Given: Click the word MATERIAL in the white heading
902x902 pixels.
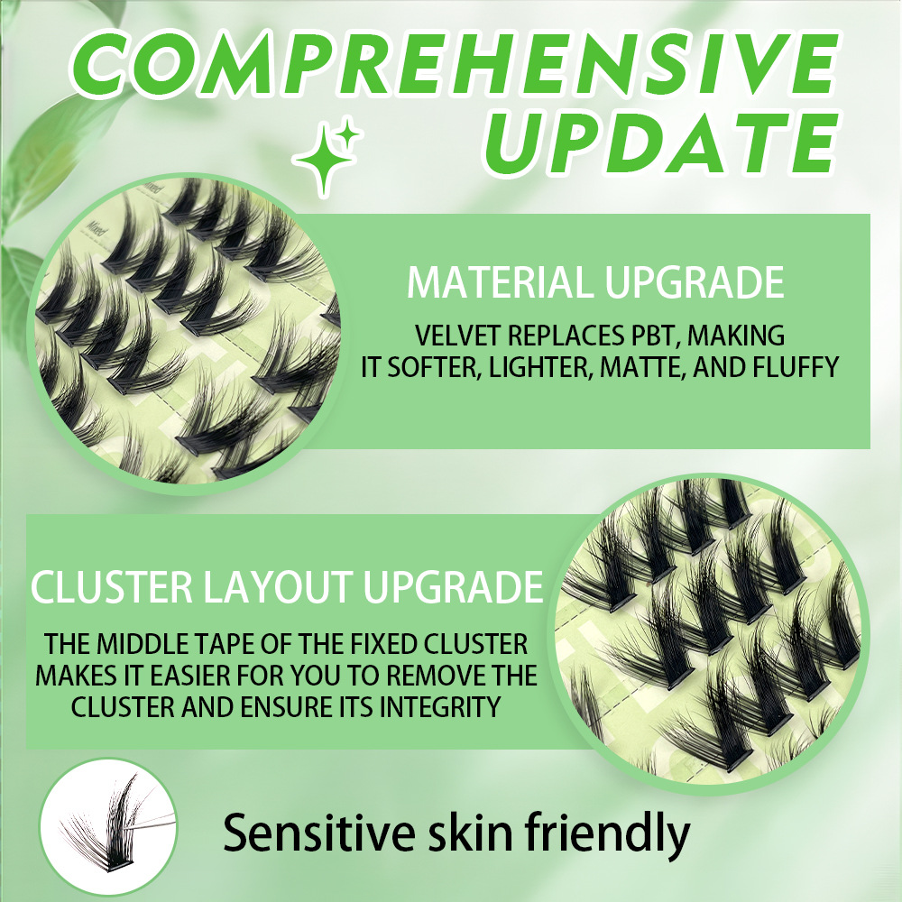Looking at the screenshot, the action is pyautogui.click(x=501, y=281).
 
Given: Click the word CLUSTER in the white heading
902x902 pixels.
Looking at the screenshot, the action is pyautogui.click(x=112, y=587).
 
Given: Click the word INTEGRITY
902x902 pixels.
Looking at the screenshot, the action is pyautogui.click(x=440, y=707).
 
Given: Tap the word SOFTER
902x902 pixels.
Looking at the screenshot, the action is pyautogui.click(x=435, y=368).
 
